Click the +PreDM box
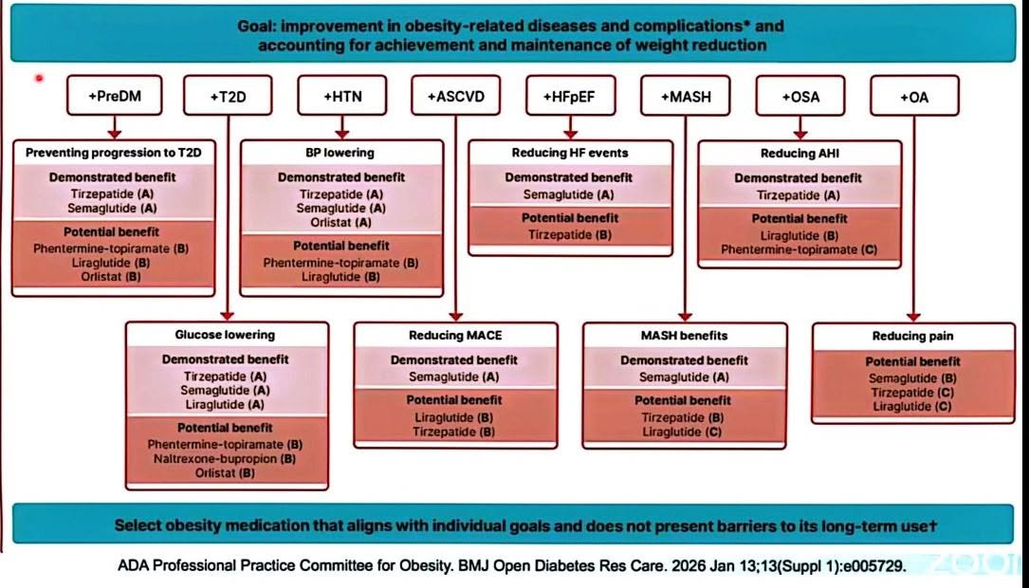pyautogui.click(x=114, y=96)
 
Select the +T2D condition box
pyautogui.click(x=228, y=96)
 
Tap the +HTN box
pyautogui.click(x=342, y=96)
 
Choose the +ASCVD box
pyautogui.click(x=456, y=96)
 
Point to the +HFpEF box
pyautogui.click(x=570, y=97)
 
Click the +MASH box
pyautogui.click(x=685, y=97)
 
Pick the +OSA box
pyautogui.click(x=800, y=97)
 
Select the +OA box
pyautogui.click(x=914, y=97)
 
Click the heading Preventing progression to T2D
pyautogui.click(x=114, y=153)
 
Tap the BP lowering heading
pyautogui.click(x=340, y=153)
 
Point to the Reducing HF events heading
pyautogui.click(x=570, y=153)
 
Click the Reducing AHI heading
pyautogui.click(x=800, y=154)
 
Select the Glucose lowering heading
pyautogui.click(x=225, y=335)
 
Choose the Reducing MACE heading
pyautogui.click(x=455, y=336)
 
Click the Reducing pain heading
pyautogui.click(x=913, y=336)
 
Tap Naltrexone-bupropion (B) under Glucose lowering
pyautogui.click(x=225, y=459)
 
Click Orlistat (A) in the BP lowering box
pyautogui.click(x=341, y=223)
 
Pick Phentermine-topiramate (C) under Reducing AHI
pyautogui.click(x=799, y=249)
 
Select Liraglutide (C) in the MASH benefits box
pyautogui.click(x=682, y=432)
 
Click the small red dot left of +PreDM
pyautogui.click(x=40, y=78)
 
